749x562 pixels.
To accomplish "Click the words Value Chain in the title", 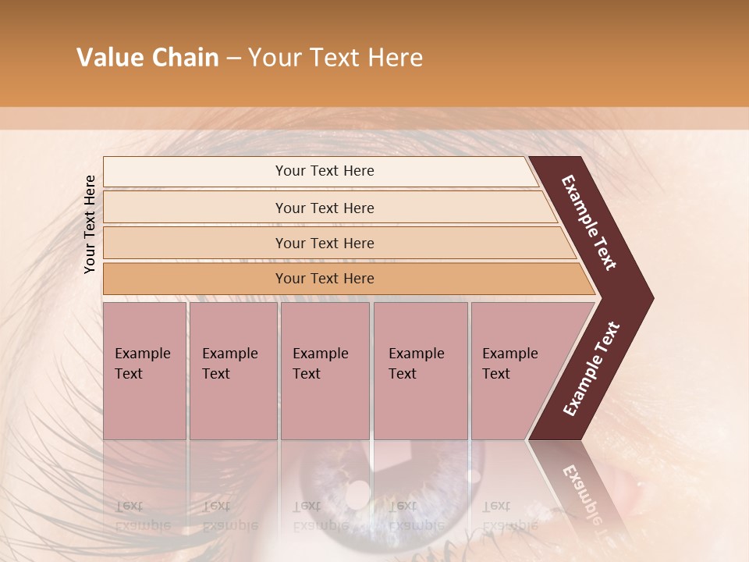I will tap(147, 58).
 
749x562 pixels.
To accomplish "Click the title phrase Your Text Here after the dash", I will tap(335, 58).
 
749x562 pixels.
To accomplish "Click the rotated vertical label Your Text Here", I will tap(90, 224).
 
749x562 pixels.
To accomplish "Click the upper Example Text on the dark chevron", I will tap(589, 222).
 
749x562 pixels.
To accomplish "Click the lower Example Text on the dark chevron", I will tap(591, 368).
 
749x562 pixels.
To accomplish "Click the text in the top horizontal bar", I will tap(325, 171).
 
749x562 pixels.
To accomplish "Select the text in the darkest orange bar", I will tap(325, 279).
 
